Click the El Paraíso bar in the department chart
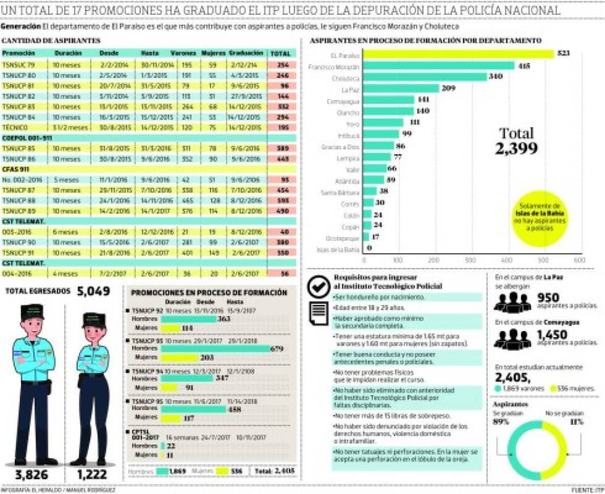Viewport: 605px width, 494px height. click(458, 54)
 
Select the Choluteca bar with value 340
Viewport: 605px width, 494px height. click(425, 77)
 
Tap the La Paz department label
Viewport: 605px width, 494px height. click(350, 89)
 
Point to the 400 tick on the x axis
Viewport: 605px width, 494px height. click(506, 259)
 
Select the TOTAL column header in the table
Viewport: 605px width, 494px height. click(280, 53)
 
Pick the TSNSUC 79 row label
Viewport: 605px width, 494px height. click(19, 64)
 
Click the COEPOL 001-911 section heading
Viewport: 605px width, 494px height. click(27, 138)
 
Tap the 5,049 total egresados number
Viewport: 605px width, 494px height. click(94, 291)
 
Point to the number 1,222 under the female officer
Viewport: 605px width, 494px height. click(93, 475)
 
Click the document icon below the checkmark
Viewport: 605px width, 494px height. click(317, 315)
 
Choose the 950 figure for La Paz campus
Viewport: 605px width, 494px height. click(549, 297)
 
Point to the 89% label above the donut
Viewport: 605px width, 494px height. click(501, 422)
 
